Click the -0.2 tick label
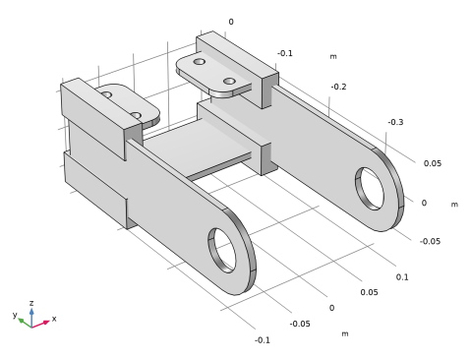click(338, 87)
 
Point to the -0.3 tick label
click(395, 122)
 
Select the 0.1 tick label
click(402, 277)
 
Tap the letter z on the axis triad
click(31, 303)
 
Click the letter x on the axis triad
click(54, 319)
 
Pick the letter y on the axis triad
click(15, 315)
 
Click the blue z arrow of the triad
click(31, 318)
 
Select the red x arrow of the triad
click(40, 324)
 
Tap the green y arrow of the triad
click(25, 323)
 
